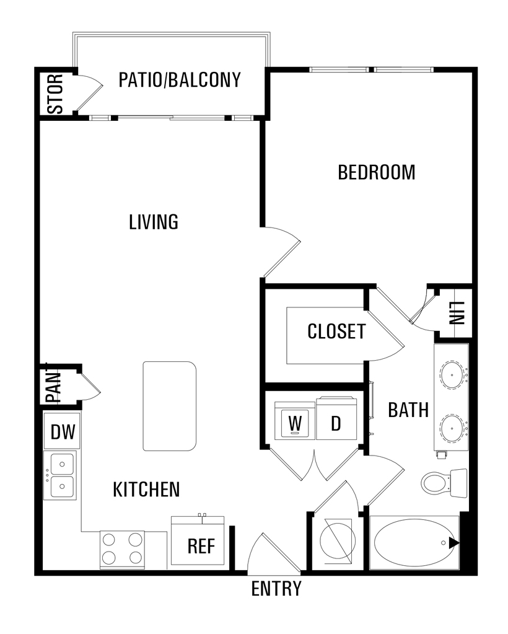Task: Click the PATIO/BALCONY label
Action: pos(180,80)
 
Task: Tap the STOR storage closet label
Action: pos(55,94)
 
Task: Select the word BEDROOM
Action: pos(376,172)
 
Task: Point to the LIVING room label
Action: pos(154,222)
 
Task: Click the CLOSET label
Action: pos(336,332)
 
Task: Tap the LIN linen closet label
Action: pos(457,314)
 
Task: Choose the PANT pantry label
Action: pos(53,383)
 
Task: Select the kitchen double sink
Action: pos(61,475)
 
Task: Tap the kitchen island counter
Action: pos(170,406)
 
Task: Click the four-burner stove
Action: pos(122,549)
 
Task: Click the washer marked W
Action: pos(295,421)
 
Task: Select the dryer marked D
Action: pos(336,419)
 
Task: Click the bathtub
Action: pos(414,543)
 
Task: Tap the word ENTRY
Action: pos(276,588)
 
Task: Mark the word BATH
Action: pos(408,410)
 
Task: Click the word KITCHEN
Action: pos(146,489)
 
